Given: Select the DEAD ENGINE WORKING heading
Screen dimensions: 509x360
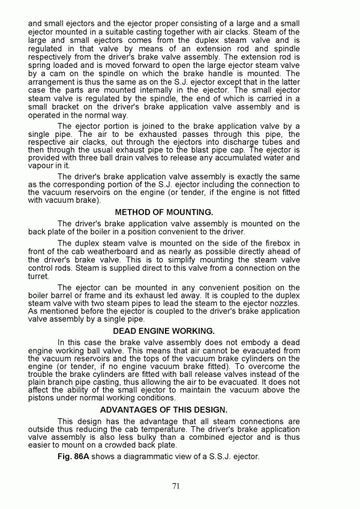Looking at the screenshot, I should click(x=164, y=331).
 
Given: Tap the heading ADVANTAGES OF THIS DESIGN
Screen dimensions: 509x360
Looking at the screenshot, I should click(x=164, y=409).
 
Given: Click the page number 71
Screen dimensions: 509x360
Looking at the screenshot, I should click(x=176, y=486).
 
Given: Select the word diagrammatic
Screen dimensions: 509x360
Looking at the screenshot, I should click(x=160, y=457).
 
